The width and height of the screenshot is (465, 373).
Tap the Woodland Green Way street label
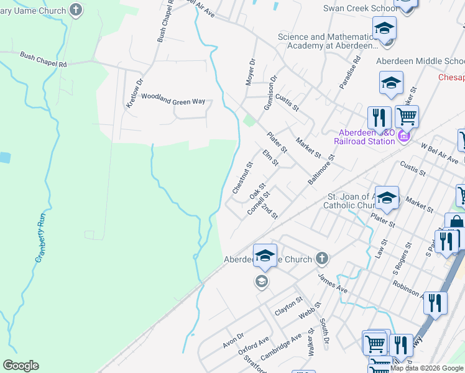pyautogui.click(x=173, y=96)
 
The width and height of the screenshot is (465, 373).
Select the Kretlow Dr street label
pyautogui.click(x=135, y=93)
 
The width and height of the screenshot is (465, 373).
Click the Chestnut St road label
pyautogui.click(x=243, y=178)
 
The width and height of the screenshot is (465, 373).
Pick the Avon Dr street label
pyautogui.click(x=234, y=339)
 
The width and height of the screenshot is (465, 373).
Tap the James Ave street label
pyautogui.click(x=333, y=283)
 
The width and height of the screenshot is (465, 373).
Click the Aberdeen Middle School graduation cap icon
pyautogui.click(x=391, y=83)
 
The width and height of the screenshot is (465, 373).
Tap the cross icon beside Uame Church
pyautogui.click(x=76, y=9)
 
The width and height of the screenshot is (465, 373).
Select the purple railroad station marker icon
pyautogui.click(x=403, y=136)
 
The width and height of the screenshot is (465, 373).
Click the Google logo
pyautogui.click(x=21, y=366)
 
